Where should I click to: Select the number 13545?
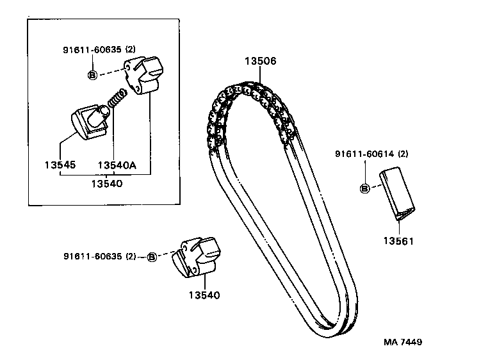[60, 165]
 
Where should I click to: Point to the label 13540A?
[117, 165]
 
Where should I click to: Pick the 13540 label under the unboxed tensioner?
[204, 295]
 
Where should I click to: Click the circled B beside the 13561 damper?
[364, 188]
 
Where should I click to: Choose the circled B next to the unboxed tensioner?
[152, 257]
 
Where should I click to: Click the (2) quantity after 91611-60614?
[403, 154]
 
